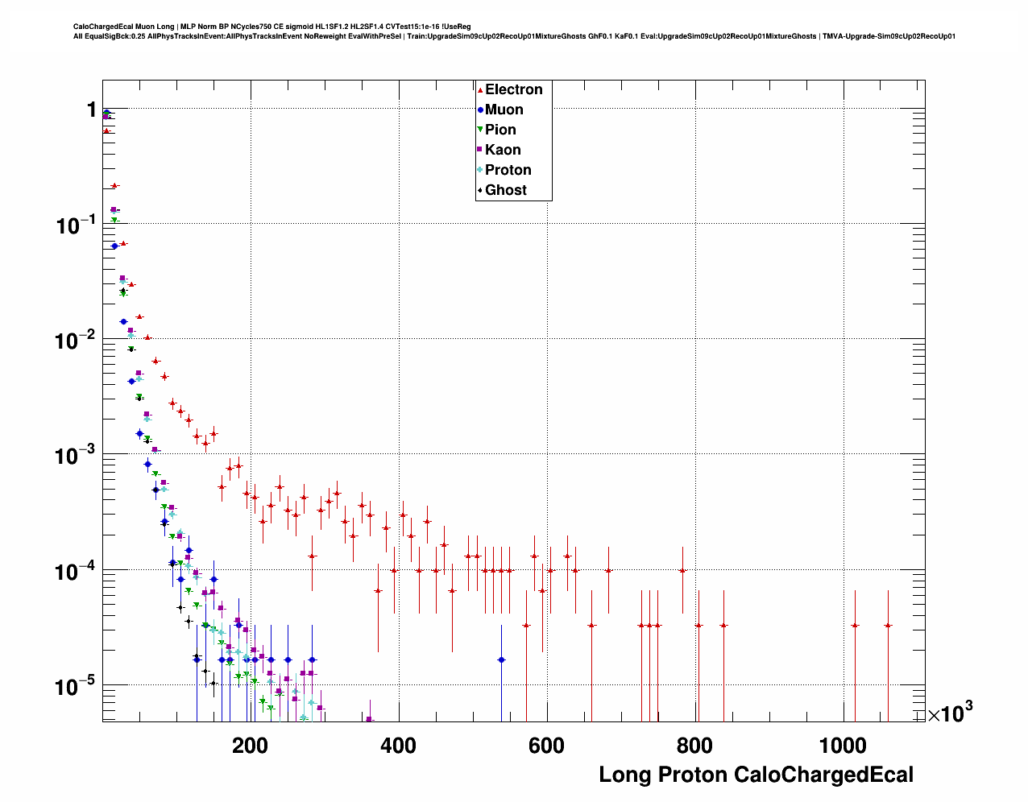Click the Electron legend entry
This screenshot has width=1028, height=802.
(x=513, y=89)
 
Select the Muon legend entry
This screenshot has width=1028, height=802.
(x=504, y=110)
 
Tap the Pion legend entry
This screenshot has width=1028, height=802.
(x=499, y=130)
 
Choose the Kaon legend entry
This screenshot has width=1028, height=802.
(x=502, y=150)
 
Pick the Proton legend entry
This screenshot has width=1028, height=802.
(x=508, y=170)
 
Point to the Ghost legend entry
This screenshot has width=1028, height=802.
(x=505, y=190)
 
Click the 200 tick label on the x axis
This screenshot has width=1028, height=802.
(x=250, y=746)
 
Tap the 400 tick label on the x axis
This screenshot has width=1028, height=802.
(x=398, y=746)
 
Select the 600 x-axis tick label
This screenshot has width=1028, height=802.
(x=546, y=746)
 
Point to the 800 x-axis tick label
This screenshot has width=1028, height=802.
(x=694, y=746)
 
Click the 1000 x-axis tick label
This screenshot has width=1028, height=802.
(x=843, y=746)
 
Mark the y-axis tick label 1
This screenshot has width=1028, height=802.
(x=91, y=110)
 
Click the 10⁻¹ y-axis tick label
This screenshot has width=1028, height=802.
(x=77, y=225)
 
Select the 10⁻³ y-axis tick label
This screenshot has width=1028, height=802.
(x=77, y=456)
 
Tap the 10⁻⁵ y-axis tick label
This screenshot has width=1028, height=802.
(x=77, y=687)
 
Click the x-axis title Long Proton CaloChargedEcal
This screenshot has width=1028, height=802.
(x=756, y=775)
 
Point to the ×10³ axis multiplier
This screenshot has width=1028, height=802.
(x=950, y=713)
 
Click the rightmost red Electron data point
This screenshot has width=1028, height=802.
(x=888, y=625)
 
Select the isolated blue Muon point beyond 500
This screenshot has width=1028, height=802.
(x=501, y=659)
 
